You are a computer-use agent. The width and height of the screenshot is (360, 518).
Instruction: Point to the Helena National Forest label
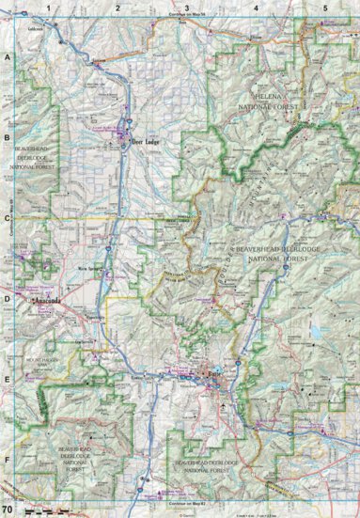[278, 102]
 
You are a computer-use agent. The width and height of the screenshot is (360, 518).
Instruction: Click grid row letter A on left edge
[7, 57]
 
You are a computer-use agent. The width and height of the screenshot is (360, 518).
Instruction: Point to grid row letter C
[7, 218]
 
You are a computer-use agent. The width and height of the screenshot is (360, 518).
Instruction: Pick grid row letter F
[7, 461]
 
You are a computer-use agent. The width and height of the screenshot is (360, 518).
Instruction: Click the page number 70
[8, 510]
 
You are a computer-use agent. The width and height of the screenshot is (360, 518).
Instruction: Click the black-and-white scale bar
[38, 510]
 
